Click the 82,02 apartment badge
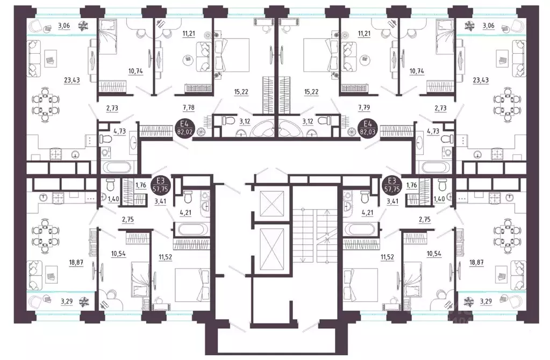(183, 128)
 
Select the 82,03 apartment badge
(367, 128)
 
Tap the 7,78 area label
(189, 107)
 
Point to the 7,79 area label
(365, 107)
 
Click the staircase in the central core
(315, 235)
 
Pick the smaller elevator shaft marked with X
(272, 204)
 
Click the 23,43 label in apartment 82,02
(72, 80)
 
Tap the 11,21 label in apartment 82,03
(364, 34)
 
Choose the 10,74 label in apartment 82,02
(135, 71)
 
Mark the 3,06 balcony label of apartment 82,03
(488, 26)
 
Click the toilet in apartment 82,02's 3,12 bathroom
(228, 121)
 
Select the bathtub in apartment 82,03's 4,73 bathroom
(433, 167)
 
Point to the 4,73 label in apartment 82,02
(119, 132)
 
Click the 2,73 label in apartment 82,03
(440, 109)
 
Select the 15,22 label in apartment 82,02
(241, 92)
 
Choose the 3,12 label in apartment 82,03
(308, 121)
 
